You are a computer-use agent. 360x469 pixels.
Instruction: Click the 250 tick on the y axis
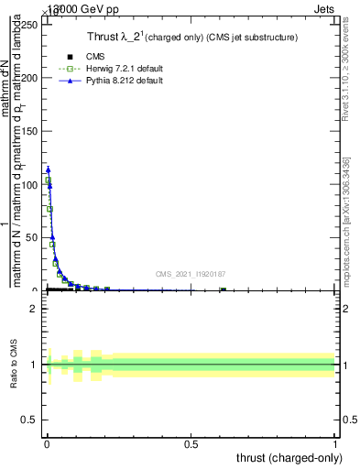[x=29, y=25]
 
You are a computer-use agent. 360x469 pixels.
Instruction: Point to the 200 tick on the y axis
[x=29, y=78]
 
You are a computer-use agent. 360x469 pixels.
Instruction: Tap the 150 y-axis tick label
[x=29, y=131]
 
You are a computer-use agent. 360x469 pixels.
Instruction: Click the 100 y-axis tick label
[x=29, y=184]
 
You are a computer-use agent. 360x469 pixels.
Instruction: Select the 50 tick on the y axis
[x=32, y=237]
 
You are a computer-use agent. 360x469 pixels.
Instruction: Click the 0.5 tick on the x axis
[x=191, y=445]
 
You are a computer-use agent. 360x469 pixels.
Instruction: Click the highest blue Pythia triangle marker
[x=48, y=169]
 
